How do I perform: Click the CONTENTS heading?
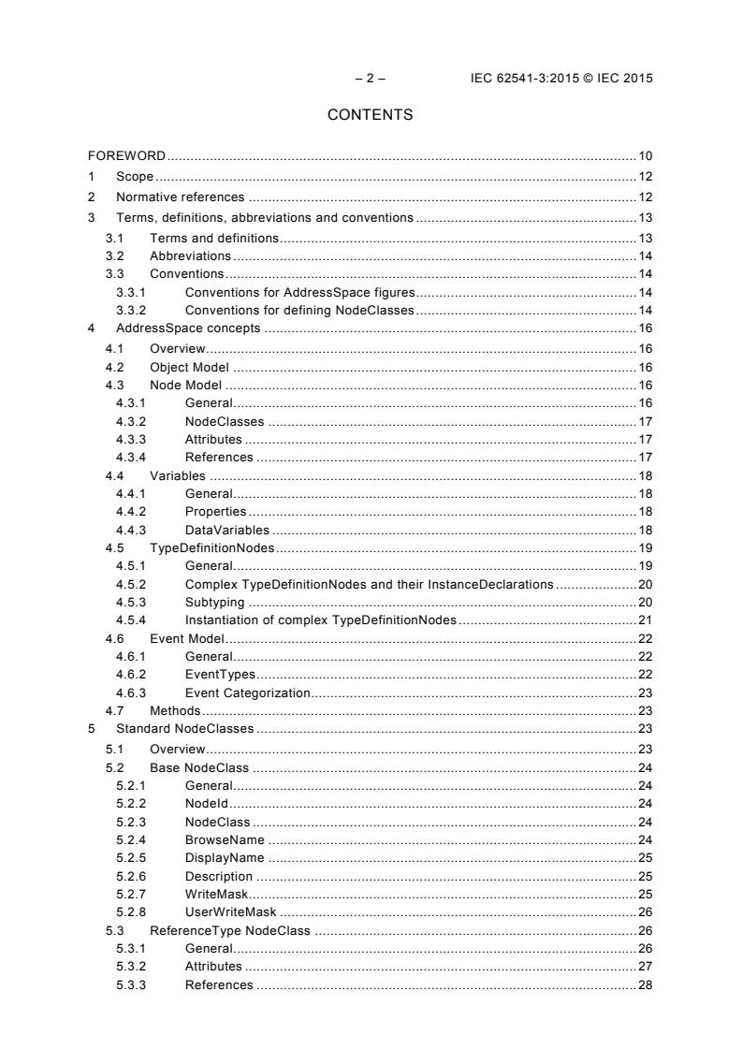point(370,116)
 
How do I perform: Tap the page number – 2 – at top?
point(371,78)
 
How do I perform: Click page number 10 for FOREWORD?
point(645,155)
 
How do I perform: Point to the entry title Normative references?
point(180,197)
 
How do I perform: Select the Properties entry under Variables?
point(215,511)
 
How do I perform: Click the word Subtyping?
point(214,602)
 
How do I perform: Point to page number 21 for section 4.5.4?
point(645,620)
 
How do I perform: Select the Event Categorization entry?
point(247,693)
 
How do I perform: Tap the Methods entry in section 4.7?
point(175,711)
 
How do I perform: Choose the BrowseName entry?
point(224,839)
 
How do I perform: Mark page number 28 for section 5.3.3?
point(645,984)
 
